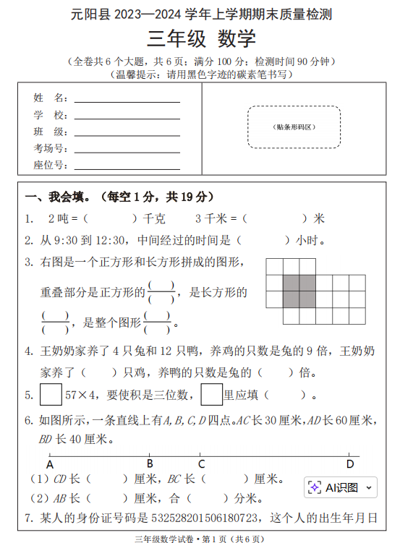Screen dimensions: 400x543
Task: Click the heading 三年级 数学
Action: click(x=200, y=38)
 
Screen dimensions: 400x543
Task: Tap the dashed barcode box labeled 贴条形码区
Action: click(x=294, y=127)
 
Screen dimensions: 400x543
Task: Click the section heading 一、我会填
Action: click(x=57, y=197)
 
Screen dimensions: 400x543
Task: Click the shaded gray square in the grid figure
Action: click(x=299, y=291)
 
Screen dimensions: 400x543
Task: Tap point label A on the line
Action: click(x=49, y=464)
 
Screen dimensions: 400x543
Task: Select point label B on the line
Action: click(x=150, y=464)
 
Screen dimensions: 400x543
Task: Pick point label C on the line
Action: click(x=201, y=464)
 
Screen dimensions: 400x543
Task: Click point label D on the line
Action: click(x=350, y=464)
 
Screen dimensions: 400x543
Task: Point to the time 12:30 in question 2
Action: click(x=110, y=240)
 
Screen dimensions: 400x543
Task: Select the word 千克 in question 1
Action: click(x=155, y=218)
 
